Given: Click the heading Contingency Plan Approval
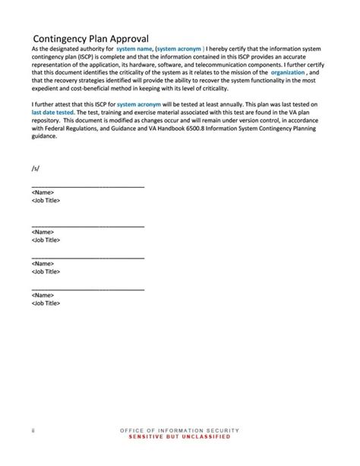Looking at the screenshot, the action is [90, 39].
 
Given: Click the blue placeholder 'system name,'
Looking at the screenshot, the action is [134, 49].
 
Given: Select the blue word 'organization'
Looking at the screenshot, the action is [288, 72].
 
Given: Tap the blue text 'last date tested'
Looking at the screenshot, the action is [53, 111].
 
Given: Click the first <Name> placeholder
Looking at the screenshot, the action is [43, 192].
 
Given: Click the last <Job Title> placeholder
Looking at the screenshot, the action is [46, 303].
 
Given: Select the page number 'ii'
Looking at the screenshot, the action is [33, 430].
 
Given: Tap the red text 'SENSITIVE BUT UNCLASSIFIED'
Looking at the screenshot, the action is [179, 437].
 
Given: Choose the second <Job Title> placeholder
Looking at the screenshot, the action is [46, 239].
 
